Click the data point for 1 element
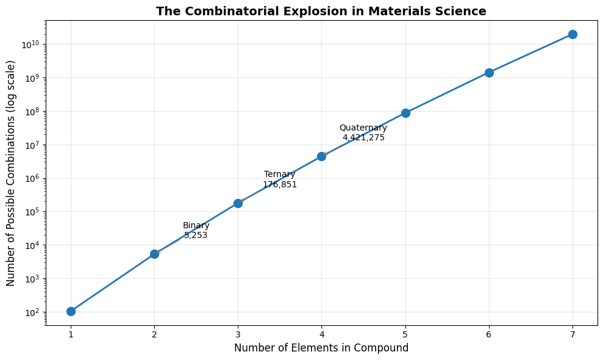[x=71, y=311]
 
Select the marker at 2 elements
[x=154, y=254]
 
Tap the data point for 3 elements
[x=238, y=203]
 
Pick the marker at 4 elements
[x=321, y=156]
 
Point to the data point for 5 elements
[x=405, y=113]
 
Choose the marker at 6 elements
[x=489, y=73]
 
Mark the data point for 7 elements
[x=573, y=34]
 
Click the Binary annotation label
[x=196, y=226]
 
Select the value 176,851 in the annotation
[x=280, y=184]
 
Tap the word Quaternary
[x=363, y=128]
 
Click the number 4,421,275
[x=363, y=138]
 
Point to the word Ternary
[x=280, y=175]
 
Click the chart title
[x=321, y=11]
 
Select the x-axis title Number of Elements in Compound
[x=321, y=348]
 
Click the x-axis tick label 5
[x=405, y=334]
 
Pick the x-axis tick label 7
[x=573, y=334]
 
